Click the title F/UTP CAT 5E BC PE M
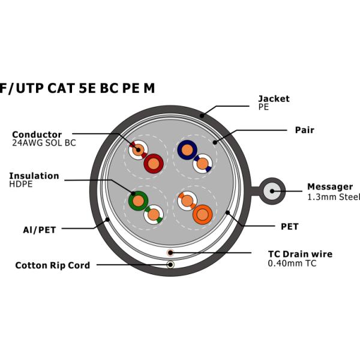pyautogui.click(x=77, y=88)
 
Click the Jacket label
pyautogui.click(x=273, y=98)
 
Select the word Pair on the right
pyautogui.click(x=304, y=130)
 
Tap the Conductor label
pyautogui.click(x=37, y=134)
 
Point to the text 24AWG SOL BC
pyautogui.click(x=44, y=143)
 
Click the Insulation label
pyautogui.click(x=34, y=176)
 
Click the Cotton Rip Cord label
pyautogui.click(x=52, y=265)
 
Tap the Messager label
pyautogui.click(x=329, y=187)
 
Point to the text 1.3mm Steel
pyautogui.click(x=333, y=196)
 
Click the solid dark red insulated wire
pyautogui.click(x=154, y=163)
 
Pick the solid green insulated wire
pyautogui.click(x=139, y=200)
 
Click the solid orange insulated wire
pyautogui.click(x=202, y=214)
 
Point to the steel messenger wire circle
pyautogui.click(x=273, y=192)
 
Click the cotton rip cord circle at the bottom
pyautogui.click(x=171, y=265)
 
